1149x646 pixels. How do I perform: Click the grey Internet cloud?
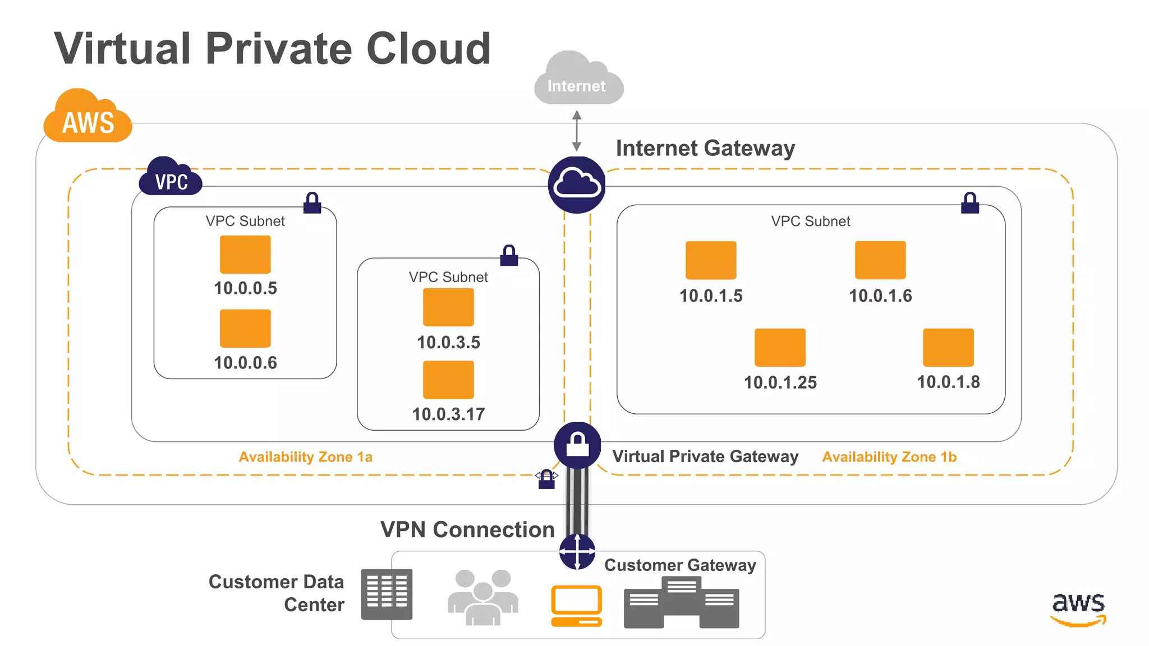pos(578,81)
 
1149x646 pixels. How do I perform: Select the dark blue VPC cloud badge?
pos(171,178)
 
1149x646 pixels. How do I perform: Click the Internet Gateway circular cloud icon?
pos(576,184)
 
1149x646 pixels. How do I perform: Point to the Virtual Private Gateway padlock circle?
pos(577,445)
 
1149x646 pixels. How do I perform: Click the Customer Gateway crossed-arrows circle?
pos(577,552)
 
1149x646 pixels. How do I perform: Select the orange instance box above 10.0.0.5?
pos(245,255)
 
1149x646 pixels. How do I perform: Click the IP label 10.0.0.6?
pos(245,363)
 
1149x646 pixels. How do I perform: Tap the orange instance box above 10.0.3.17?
pos(448,380)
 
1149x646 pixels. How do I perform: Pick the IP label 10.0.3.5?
pos(448,342)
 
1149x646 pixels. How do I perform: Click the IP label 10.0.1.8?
pos(948,382)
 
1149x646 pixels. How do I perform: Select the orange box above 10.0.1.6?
pos(880,260)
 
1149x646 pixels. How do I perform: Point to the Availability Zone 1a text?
pos(305,457)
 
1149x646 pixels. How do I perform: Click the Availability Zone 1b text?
pos(889,457)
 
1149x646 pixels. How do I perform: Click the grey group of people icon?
pos(483,597)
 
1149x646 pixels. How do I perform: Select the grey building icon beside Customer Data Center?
pos(387,594)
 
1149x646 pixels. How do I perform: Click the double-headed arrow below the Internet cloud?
pos(576,131)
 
